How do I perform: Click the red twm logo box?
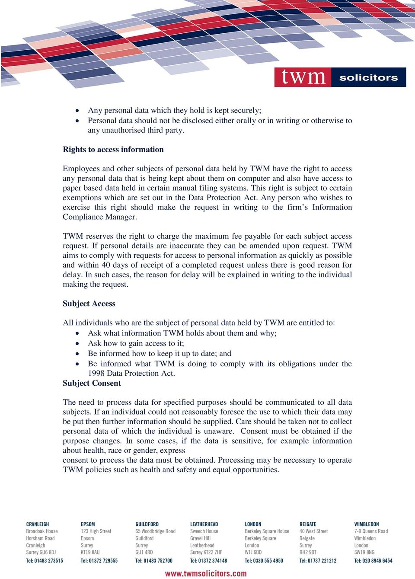coord(303,77)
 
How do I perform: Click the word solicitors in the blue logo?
coord(368,78)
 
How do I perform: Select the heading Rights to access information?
coord(113,150)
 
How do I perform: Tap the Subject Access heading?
coord(89,304)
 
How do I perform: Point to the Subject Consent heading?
coord(92,383)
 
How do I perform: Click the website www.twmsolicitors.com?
coord(206,573)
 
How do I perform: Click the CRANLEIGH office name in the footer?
coord(38,524)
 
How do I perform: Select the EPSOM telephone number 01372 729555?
coord(99,560)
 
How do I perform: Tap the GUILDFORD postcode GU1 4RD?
coord(144,552)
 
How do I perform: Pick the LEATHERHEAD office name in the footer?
coord(204,524)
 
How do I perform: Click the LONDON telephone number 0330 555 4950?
coord(264,560)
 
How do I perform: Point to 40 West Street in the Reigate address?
coord(313,531)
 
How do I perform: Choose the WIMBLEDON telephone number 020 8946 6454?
coord(373,560)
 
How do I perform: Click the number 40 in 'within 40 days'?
coord(106,265)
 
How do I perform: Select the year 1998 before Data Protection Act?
coord(96,373)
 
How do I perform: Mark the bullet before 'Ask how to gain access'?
coord(77,344)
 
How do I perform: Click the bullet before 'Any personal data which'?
coord(77,111)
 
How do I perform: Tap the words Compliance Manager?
coord(99,217)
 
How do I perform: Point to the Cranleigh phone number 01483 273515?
coord(45,560)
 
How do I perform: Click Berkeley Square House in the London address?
coord(267,531)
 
